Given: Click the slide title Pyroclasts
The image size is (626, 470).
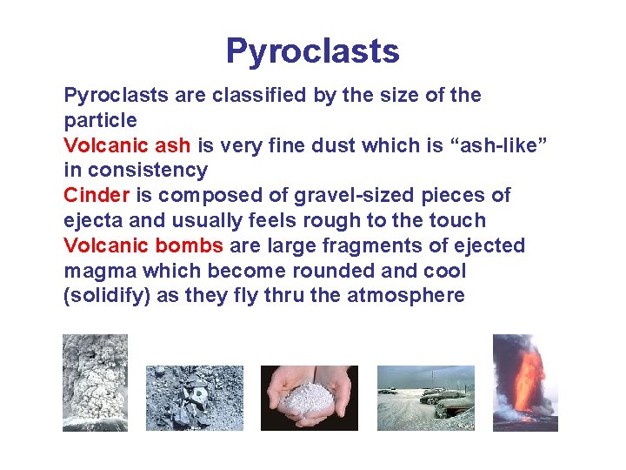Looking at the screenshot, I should tap(312, 51).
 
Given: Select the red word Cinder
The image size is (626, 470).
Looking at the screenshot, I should tap(96, 195).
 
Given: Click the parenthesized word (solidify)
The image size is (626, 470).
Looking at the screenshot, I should tap(107, 296).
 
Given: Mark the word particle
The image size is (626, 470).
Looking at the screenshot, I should tap(100, 119).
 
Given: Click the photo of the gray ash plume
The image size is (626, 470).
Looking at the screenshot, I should tap(95, 382).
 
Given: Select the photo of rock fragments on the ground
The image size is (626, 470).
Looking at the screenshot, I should tap(194, 398).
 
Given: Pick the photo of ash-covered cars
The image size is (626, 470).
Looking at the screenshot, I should tap(425, 398).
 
